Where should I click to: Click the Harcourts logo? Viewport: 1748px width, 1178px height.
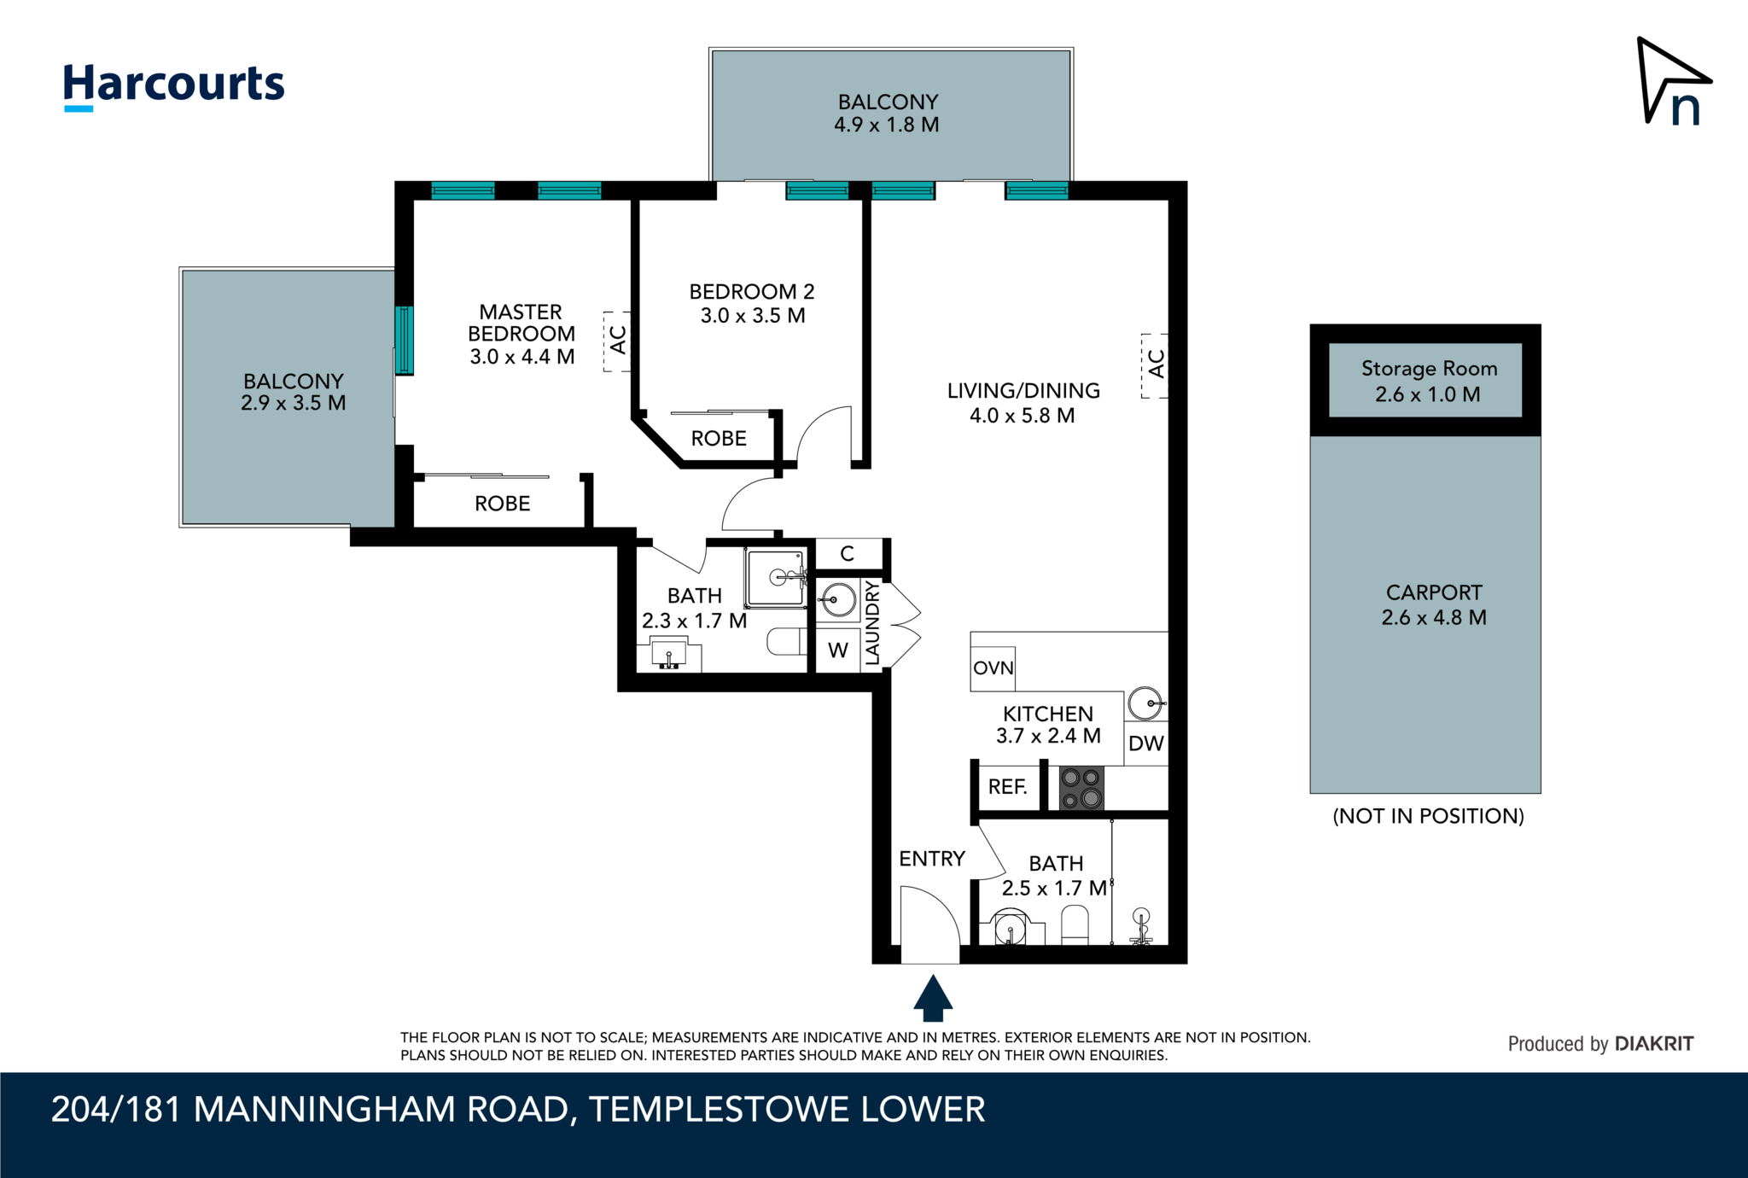[x=173, y=85]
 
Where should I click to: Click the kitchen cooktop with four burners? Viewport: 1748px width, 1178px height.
[x=1081, y=788]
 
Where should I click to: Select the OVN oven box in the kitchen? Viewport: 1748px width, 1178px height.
[x=993, y=668]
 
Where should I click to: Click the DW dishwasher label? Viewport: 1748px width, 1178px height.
[x=1145, y=744]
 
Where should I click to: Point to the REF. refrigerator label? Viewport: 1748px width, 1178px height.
[x=1007, y=787]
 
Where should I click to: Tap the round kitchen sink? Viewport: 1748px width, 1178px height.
[x=1145, y=704]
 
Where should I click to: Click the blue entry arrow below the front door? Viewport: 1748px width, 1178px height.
[x=933, y=998]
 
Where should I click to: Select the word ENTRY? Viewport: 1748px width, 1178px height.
[x=931, y=859]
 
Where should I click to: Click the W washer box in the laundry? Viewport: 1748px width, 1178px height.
[x=838, y=651]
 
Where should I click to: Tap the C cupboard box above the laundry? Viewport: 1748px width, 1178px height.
[x=847, y=554]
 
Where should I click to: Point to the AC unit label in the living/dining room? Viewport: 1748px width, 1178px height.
[x=1156, y=364]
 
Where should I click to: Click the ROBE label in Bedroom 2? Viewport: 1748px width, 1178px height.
[x=719, y=439]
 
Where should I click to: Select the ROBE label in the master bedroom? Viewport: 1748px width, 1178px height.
[x=503, y=504]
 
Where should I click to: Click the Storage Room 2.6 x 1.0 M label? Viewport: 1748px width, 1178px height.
[x=1428, y=382]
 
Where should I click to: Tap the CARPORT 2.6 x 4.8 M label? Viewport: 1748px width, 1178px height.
[x=1434, y=605]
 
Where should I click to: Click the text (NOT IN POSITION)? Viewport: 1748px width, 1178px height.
[x=1428, y=816]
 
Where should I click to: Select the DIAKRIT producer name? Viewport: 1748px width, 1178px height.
[x=1653, y=1044]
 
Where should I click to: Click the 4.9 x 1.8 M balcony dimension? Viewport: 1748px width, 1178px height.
[x=886, y=125]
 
